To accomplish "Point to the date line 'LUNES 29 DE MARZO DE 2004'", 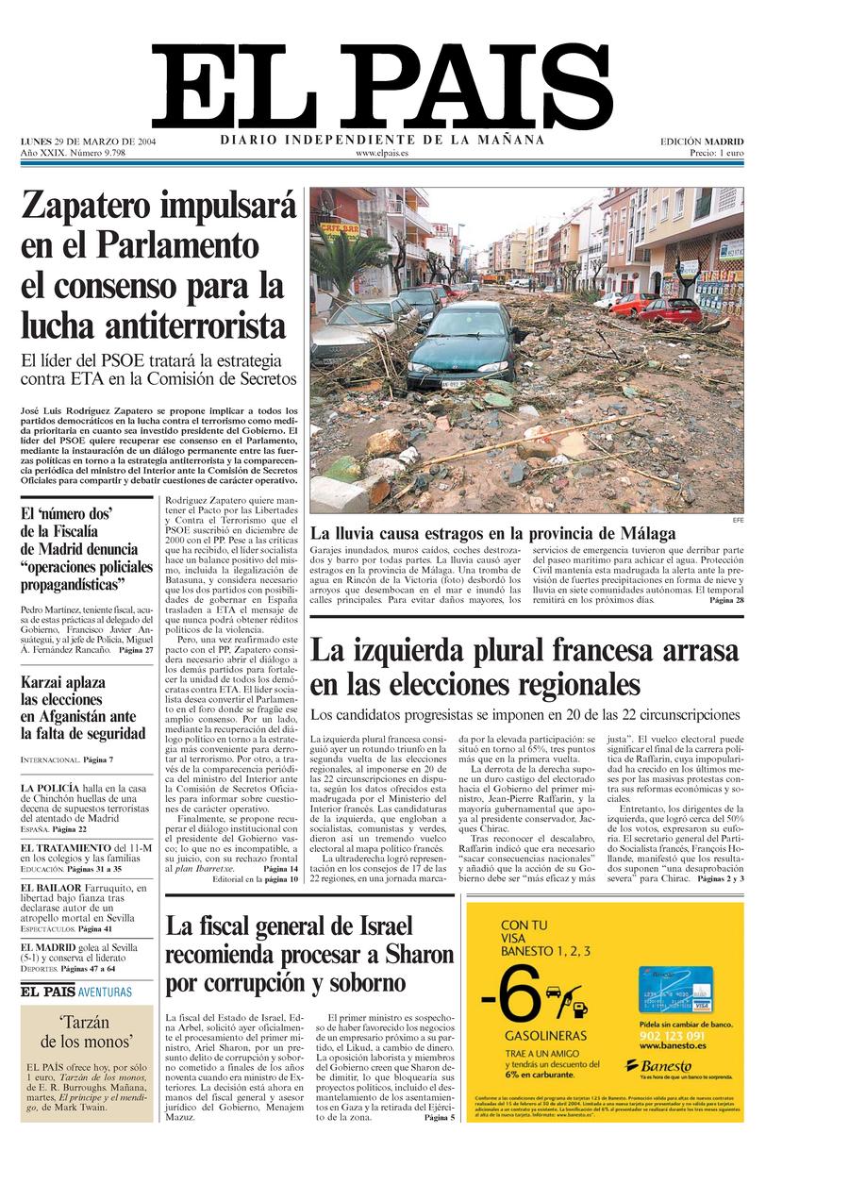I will coord(89,142).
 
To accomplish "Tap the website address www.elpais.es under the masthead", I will coord(382,153).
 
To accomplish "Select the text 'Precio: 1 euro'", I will coord(716,153).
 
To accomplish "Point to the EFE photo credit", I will coord(737,520).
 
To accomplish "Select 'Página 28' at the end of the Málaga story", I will coord(726,600).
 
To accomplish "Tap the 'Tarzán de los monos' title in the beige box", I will coord(84,1032).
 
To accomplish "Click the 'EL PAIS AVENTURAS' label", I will coord(76,992).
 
